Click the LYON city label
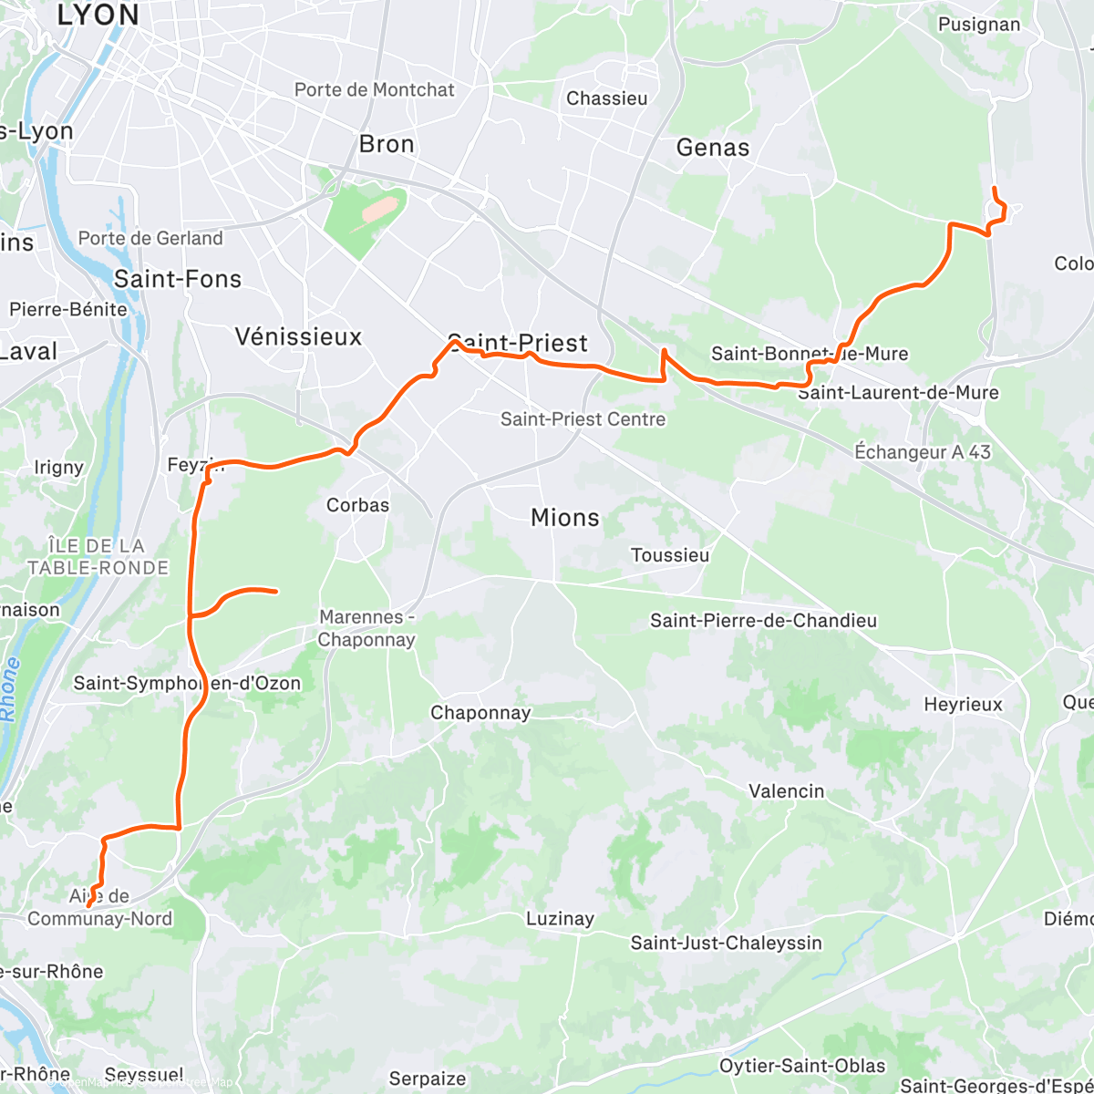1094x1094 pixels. [x=98, y=15]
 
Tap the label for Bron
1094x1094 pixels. [x=387, y=144]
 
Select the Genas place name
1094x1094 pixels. [x=713, y=148]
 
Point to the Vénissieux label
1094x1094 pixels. [x=298, y=336]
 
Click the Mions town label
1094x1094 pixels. [x=565, y=518]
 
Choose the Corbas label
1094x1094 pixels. [x=357, y=505]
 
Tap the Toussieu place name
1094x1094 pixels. [x=670, y=555]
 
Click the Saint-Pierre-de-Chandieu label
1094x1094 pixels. [x=763, y=621]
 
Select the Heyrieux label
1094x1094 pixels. [x=963, y=705]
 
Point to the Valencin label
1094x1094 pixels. [x=786, y=791]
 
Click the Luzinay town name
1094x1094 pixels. [x=560, y=919]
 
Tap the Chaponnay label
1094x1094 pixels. [x=480, y=713]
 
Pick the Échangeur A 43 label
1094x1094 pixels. [x=923, y=452]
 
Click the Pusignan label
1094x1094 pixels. [x=979, y=25]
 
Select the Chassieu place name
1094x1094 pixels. [x=607, y=98]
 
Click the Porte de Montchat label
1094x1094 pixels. [x=374, y=89]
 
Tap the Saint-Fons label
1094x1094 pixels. [x=178, y=279]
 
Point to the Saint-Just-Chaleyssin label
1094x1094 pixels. [x=726, y=943]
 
